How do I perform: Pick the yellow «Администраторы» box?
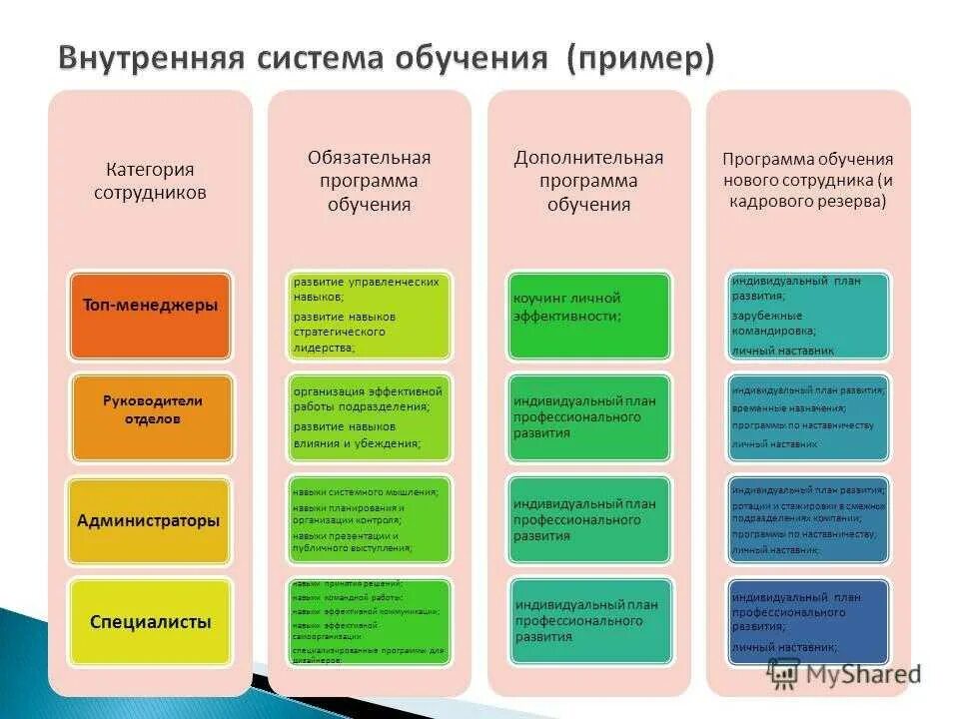pos(150,519)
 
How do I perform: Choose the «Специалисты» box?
pos(150,621)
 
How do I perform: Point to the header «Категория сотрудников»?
pos(150,181)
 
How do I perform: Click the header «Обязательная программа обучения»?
pos(369,181)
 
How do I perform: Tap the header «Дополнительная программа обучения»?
pos(588,181)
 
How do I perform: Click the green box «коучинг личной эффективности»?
pos(588,315)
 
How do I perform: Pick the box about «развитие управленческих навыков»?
pos(369,315)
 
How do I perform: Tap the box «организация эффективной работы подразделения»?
pos(369,416)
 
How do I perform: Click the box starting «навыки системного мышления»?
pos(369,519)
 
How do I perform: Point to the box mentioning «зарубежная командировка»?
pos(807,315)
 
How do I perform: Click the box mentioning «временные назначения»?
pos(807,416)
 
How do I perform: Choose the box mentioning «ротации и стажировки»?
pos(807,519)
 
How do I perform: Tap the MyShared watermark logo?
pos(844,674)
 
